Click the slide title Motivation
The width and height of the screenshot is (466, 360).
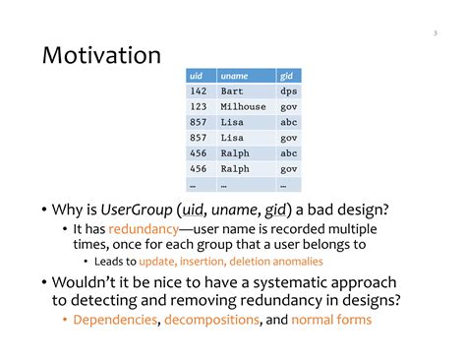click(x=101, y=56)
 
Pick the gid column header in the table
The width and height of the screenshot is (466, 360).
click(x=286, y=76)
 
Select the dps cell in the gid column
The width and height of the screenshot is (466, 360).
click(x=288, y=91)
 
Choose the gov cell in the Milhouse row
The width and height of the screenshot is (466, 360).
click(x=288, y=107)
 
